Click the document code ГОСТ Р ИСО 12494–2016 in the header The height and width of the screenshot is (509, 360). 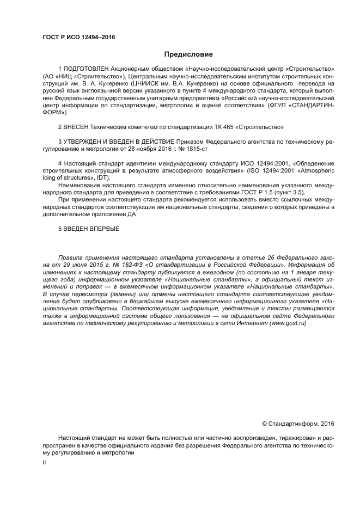point(78,37)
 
